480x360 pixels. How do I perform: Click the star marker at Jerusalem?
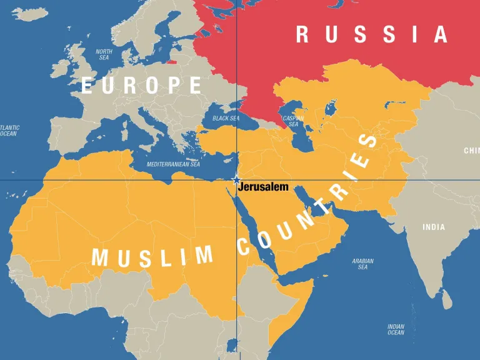236,180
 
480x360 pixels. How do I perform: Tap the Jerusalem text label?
263,187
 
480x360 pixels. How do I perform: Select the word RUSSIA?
371,34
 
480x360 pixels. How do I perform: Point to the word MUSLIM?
152,256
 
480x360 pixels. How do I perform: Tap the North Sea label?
104,54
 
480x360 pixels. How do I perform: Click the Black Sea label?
226,118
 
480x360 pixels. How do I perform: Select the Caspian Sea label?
293,121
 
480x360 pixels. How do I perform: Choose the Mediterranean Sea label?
173,164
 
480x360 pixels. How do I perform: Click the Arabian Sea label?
362,264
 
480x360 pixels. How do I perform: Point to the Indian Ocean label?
396,329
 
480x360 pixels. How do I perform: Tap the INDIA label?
434,227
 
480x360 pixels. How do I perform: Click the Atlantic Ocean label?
9,131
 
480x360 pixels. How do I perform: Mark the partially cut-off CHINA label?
471,151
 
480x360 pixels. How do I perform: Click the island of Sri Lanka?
447,301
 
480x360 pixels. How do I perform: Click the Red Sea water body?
253,228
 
